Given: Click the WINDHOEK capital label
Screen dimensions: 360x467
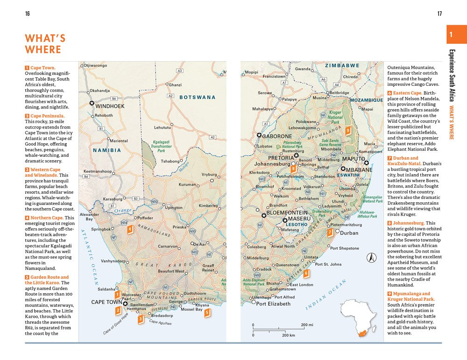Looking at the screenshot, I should click(x=110, y=106).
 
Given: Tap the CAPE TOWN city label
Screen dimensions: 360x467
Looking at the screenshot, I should click(x=106, y=302).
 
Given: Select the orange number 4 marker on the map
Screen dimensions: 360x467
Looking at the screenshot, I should click(x=130, y=229).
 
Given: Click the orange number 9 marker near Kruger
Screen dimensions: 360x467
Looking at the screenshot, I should click(x=348, y=131).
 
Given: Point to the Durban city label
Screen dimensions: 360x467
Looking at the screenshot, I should click(x=349, y=233).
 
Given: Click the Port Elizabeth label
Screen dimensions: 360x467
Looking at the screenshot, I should click(x=273, y=304).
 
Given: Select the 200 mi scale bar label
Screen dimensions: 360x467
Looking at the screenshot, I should click(x=307, y=325).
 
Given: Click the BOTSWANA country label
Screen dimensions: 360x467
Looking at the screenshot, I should click(x=198, y=98).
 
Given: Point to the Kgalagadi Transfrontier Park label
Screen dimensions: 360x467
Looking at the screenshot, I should click(x=161, y=147).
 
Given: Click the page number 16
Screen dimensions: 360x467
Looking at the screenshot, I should click(x=28, y=14).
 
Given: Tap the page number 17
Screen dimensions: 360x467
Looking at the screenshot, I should click(x=439, y=14).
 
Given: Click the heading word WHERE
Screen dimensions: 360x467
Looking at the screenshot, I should click(x=43, y=49).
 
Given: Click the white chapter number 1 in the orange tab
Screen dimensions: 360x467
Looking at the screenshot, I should click(x=451, y=35).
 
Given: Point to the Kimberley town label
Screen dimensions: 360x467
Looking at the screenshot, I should click(x=208, y=206).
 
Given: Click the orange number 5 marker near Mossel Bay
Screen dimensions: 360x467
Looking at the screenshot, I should click(x=207, y=313).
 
